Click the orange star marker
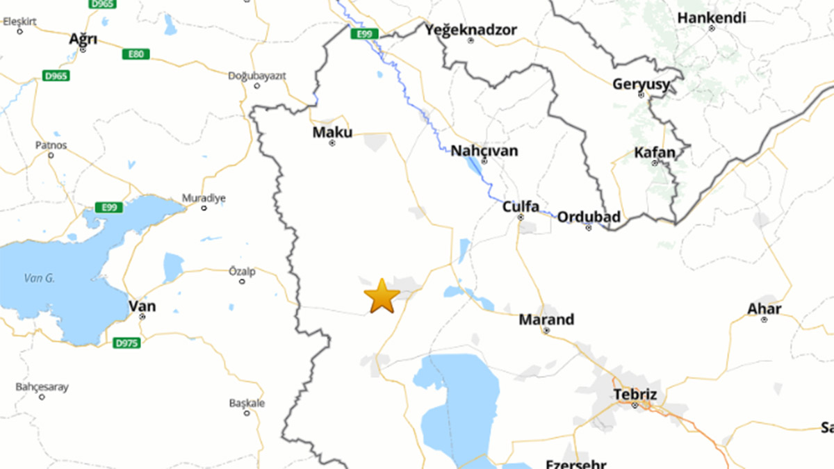click(x=382, y=296)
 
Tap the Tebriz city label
click(x=635, y=395)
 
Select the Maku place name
click(x=332, y=132)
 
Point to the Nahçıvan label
click(x=484, y=151)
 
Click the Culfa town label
click(x=521, y=206)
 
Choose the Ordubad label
click(x=589, y=217)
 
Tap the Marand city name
click(x=546, y=320)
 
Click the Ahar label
click(x=764, y=308)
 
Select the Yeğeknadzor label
click(x=471, y=29)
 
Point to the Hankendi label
click(x=711, y=17)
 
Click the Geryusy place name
click(x=641, y=84)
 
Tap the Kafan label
click(x=654, y=152)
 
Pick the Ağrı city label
click(x=83, y=39)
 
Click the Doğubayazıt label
click(x=257, y=76)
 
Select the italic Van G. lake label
click(x=39, y=279)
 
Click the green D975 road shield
click(x=126, y=343)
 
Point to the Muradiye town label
click(x=204, y=198)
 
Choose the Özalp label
click(x=242, y=271)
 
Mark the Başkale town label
click(x=247, y=403)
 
